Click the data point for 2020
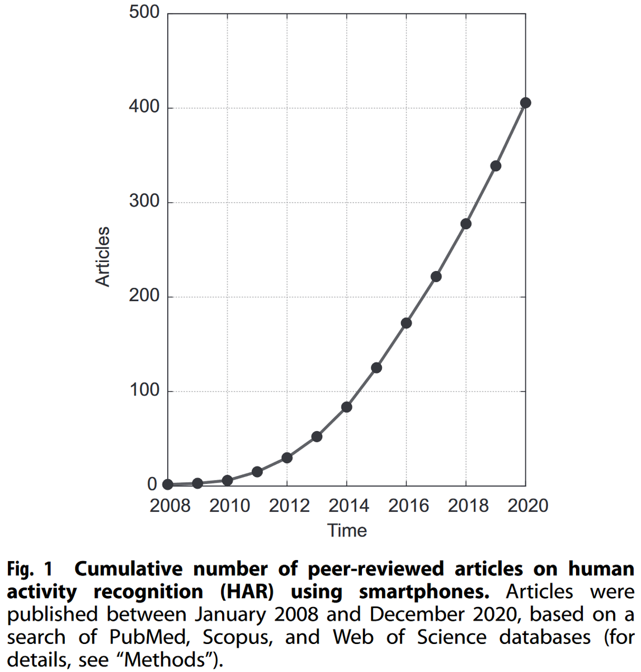point(525,102)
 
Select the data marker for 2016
point(406,323)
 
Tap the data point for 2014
point(347,407)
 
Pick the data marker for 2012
point(287,458)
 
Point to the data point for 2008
point(168,484)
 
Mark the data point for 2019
point(496,166)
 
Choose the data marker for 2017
point(436,277)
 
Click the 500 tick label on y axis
point(144,12)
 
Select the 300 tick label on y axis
point(144,202)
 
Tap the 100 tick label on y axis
point(144,391)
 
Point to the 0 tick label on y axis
point(152,485)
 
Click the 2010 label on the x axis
point(229,506)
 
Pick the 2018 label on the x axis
point(468,506)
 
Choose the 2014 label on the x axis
point(348,506)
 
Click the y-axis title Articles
point(103,256)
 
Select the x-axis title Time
point(347,530)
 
